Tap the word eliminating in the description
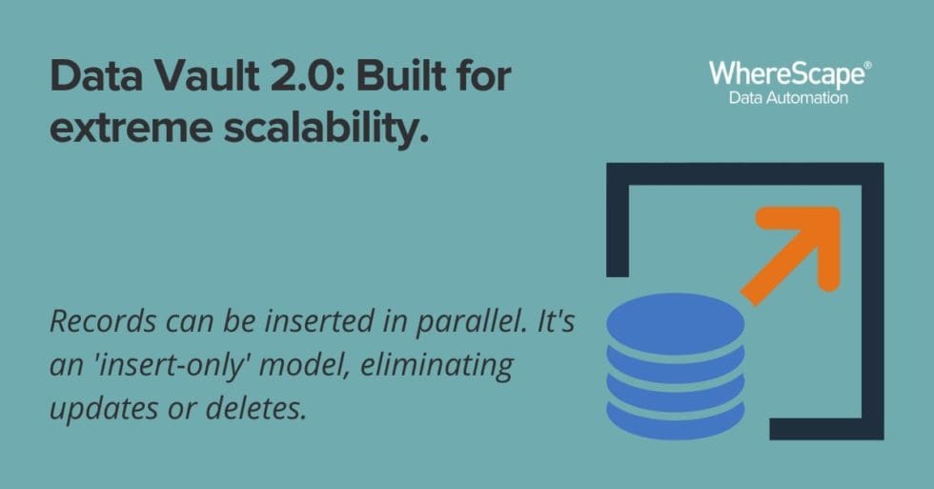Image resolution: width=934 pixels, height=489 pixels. point(442,365)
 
